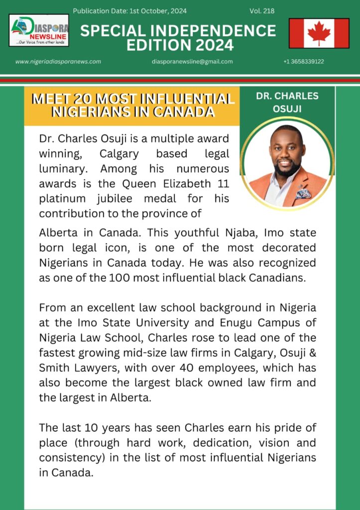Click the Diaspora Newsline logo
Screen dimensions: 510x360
[x=39, y=30]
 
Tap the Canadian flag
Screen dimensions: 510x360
[x=319, y=33]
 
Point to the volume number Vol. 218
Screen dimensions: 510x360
[x=262, y=11]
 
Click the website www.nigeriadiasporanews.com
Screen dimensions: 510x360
[x=58, y=62]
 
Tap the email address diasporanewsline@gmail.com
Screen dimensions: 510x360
[x=192, y=62]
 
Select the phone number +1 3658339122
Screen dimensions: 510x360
[x=304, y=62]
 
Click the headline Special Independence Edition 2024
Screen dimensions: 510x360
[x=178, y=38]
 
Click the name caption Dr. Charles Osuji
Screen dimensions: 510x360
[x=287, y=101]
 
